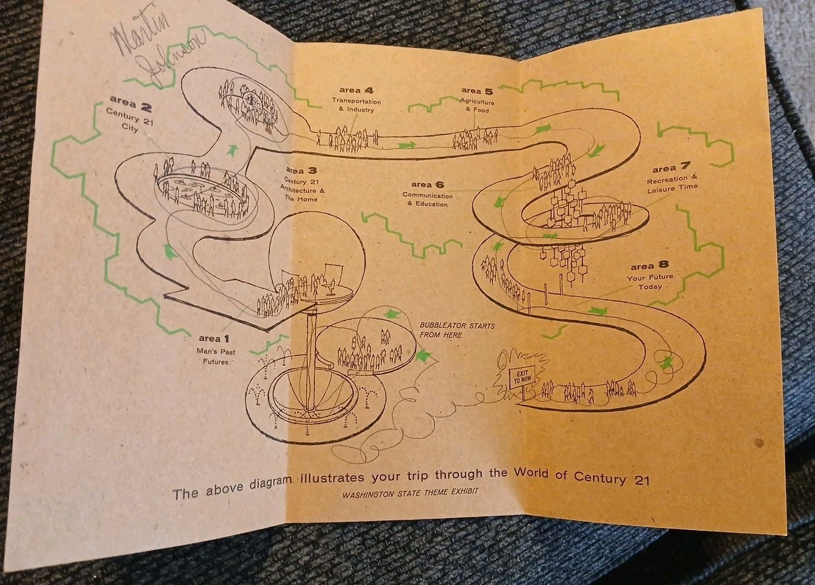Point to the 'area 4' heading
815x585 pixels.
357,91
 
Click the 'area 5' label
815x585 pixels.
477,91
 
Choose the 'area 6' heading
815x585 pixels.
427,185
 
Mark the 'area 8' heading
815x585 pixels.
649,266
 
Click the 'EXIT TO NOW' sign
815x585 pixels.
523,376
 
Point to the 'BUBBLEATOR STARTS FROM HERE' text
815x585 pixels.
456,330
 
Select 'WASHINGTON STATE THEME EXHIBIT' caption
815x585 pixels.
410,493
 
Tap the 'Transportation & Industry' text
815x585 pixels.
356,105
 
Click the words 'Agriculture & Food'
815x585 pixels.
477,105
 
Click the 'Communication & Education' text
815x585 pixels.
427,200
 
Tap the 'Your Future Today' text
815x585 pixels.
649,282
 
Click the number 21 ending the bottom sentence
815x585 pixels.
641,480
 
